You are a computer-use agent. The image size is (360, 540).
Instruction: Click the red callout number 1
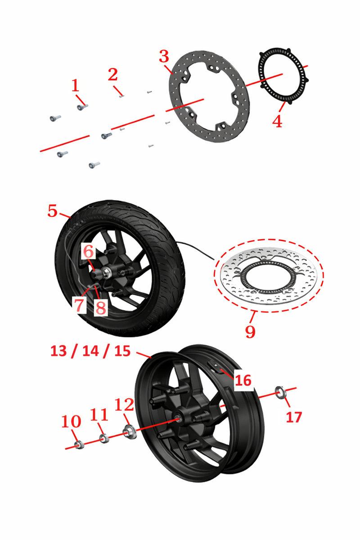pos(75,85)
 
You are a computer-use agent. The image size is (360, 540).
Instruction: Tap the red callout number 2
pos(112,75)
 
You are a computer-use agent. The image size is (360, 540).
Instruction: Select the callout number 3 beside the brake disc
pos(164,56)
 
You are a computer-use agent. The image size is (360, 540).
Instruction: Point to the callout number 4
pos(277,121)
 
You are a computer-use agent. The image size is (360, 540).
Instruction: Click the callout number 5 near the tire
pos(53,211)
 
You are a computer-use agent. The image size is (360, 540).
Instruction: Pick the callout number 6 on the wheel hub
pos(88,252)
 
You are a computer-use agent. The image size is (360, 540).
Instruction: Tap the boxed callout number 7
pos(79,305)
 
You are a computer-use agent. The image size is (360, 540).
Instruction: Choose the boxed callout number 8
pos(101,308)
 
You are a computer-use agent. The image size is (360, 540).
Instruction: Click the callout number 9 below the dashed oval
pos(250,332)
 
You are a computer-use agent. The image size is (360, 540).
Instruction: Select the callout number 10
pos(71,421)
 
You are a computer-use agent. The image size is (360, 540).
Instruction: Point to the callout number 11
pos(99,414)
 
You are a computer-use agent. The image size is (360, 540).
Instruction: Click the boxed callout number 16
pos(243,380)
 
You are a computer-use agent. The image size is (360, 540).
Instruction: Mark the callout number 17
pos(294,417)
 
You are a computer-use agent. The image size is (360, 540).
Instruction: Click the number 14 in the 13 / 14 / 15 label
pos(90,351)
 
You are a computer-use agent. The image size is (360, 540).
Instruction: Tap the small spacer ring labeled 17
pos(281,392)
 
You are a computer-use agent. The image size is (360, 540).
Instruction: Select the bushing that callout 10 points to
pos(79,445)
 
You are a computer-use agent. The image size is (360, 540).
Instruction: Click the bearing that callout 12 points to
pos(130,432)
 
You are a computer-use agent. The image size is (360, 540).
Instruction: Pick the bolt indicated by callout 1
pos(82,107)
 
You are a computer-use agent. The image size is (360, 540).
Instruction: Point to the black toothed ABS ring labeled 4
pos(283,76)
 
